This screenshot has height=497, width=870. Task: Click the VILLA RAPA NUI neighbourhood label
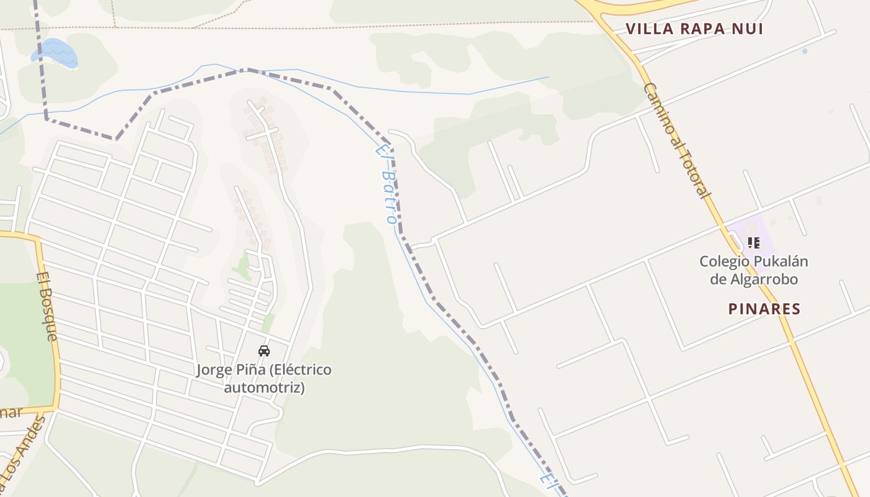pyautogui.click(x=694, y=29)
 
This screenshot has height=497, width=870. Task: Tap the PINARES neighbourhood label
pyautogui.click(x=764, y=309)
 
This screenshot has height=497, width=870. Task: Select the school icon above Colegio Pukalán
pyautogui.click(x=754, y=242)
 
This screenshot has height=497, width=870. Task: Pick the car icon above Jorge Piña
pyautogui.click(x=264, y=350)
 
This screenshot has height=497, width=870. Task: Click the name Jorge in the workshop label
pyautogui.click(x=214, y=370)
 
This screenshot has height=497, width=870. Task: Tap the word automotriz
pyautogui.click(x=264, y=388)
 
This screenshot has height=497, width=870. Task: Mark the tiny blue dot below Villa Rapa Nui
pyautogui.click(x=805, y=51)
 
